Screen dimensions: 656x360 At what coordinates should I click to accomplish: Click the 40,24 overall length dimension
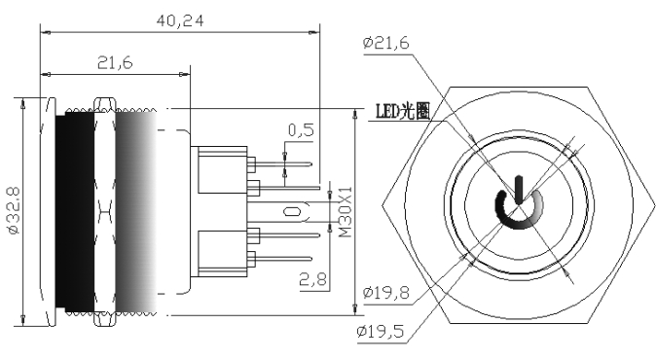(180, 20)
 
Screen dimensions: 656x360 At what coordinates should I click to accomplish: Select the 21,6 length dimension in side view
(115, 62)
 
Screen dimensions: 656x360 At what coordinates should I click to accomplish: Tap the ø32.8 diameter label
(14, 210)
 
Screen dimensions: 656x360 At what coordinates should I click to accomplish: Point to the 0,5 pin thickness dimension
(301, 130)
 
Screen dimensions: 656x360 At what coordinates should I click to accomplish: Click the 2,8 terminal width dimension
(312, 279)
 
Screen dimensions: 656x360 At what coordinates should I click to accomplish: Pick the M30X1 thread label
(346, 212)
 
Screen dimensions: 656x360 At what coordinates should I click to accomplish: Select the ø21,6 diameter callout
(385, 43)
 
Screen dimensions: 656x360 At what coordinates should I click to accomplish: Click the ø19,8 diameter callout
(385, 292)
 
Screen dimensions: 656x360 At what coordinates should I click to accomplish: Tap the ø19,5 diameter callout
(381, 332)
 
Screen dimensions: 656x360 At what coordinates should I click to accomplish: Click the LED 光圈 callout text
(403, 111)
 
